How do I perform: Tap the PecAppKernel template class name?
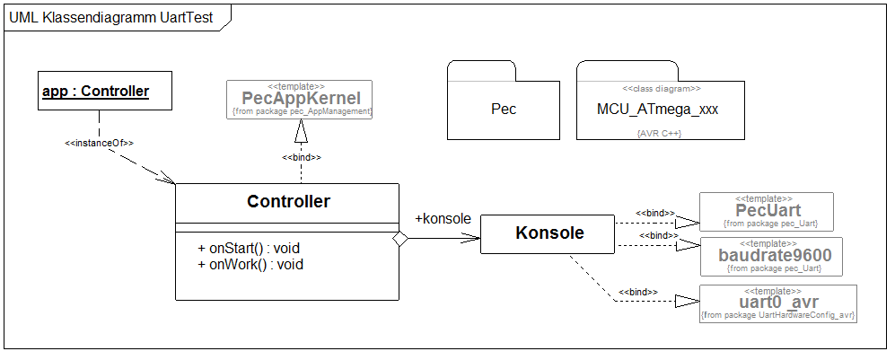point(301,97)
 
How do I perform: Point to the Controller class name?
point(288,202)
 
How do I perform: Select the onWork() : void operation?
point(250,264)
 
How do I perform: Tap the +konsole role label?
point(443,218)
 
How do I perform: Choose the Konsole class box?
point(548,233)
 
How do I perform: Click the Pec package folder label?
point(504,110)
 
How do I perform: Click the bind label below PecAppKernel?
point(302,157)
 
